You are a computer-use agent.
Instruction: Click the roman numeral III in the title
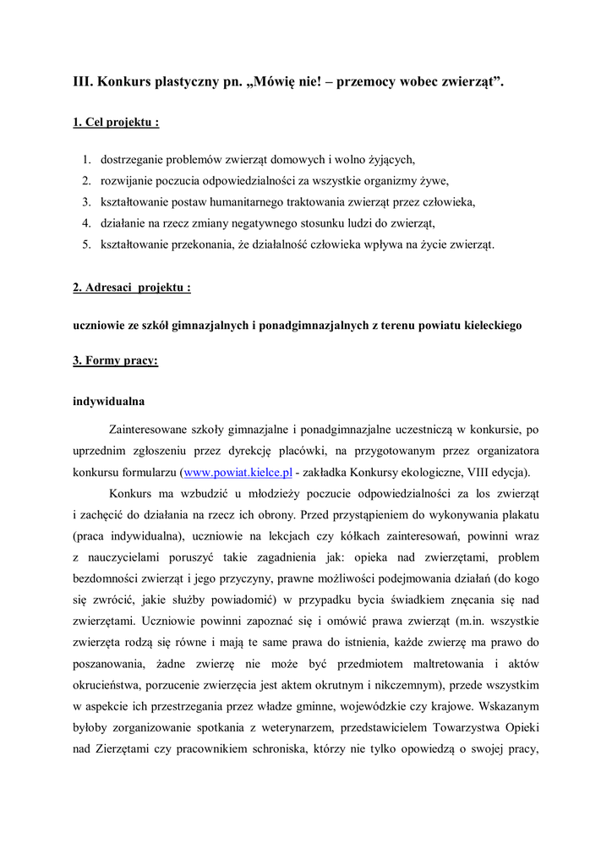[82, 82]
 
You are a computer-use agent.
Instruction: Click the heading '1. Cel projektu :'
[117, 123]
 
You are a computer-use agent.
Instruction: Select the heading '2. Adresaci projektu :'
[131, 288]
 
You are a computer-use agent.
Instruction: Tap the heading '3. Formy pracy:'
[115, 360]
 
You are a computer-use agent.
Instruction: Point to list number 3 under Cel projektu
[86, 202]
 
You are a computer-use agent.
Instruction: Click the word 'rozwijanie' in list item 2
[126, 180]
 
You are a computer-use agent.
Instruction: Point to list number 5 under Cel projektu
[86, 245]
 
